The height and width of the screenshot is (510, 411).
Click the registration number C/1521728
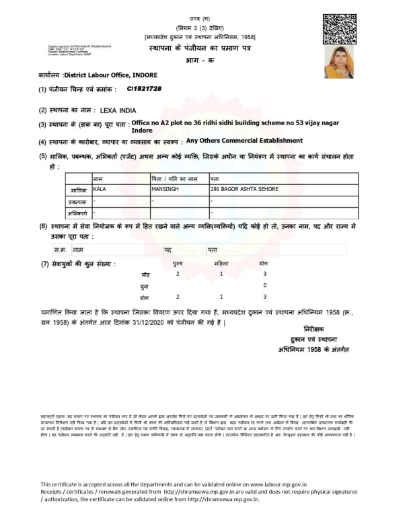(144, 89)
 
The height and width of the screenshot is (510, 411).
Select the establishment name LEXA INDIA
(118, 109)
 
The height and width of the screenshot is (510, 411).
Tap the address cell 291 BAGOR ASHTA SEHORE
(245, 190)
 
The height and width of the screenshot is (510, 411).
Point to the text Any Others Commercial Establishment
(244, 141)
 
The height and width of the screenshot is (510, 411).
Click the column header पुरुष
(178, 264)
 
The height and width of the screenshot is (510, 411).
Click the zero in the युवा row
(265, 286)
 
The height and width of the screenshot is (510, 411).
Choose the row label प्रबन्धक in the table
(79, 201)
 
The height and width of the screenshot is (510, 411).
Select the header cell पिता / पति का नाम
(175, 178)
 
